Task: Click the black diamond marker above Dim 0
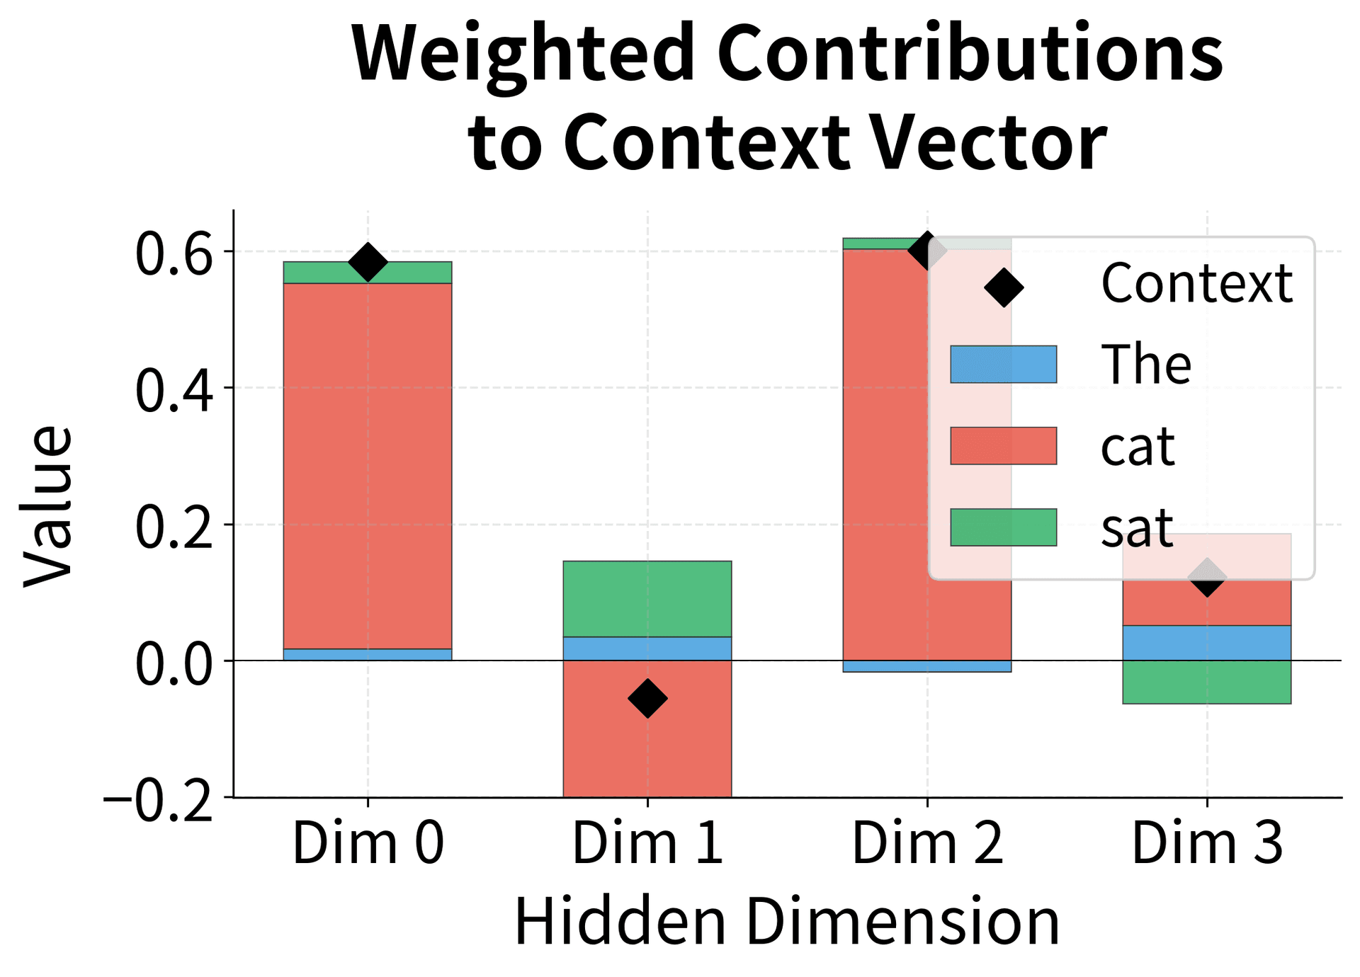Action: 368,262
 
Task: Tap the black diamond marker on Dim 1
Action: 647,698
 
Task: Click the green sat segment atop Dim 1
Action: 647,598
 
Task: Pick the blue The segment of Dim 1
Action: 647,649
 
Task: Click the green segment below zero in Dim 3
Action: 1206,682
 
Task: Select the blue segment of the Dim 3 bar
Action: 1206,643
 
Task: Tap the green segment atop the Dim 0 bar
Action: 368,273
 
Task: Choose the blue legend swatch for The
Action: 1003,364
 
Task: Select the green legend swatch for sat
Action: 1003,527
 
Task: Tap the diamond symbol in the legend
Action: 1004,287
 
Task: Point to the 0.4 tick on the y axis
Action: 174,389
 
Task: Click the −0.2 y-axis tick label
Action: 159,800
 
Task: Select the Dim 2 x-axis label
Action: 927,842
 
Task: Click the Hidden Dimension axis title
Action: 786,921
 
